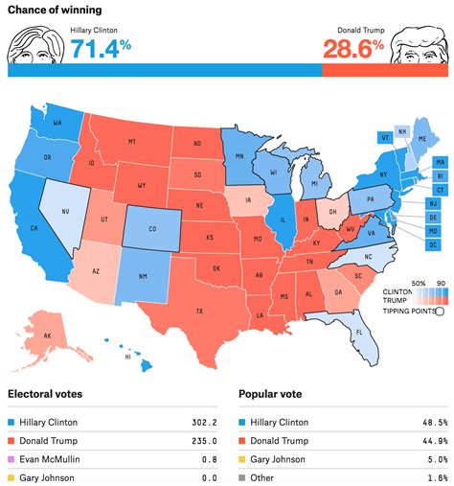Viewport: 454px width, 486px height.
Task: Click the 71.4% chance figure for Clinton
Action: click(x=102, y=46)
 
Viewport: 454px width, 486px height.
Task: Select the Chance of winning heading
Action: click(x=56, y=11)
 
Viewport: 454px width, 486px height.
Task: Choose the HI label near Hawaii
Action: click(x=128, y=357)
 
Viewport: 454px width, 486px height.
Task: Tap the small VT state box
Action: click(x=384, y=137)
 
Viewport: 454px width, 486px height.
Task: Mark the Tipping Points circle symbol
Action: click(x=439, y=310)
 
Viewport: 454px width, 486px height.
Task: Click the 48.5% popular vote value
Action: click(x=434, y=421)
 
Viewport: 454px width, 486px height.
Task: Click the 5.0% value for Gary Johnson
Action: click(x=436, y=459)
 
